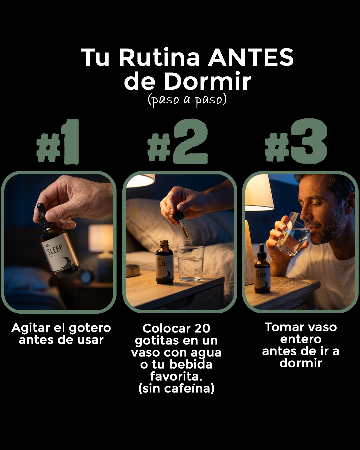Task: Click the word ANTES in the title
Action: click(x=251, y=57)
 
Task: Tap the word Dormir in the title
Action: click(x=207, y=81)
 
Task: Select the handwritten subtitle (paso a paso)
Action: click(x=187, y=100)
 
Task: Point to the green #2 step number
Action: click(x=178, y=142)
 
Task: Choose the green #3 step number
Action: click(x=296, y=142)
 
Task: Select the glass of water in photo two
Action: click(x=191, y=263)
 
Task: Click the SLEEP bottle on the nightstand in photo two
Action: click(x=165, y=263)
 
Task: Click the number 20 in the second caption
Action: click(x=202, y=329)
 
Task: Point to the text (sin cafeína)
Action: click(x=176, y=389)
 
